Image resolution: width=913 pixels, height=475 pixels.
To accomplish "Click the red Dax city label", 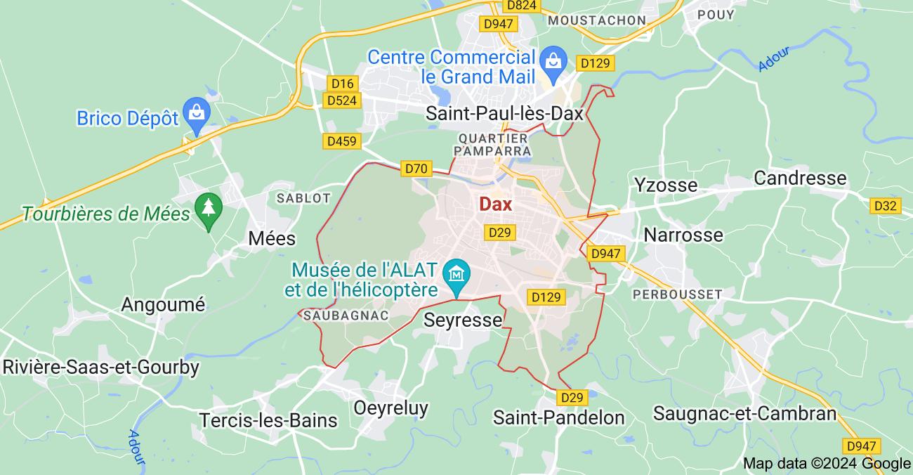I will (x=496, y=204).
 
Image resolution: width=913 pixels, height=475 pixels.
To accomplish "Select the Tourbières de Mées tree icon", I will (x=208, y=208).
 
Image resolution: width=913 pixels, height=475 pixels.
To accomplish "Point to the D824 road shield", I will (x=521, y=6).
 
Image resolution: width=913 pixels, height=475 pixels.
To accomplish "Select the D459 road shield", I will (x=342, y=141).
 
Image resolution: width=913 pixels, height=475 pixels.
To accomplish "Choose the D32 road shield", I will (x=885, y=206).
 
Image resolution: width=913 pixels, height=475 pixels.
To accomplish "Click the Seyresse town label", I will (x=464, y=320).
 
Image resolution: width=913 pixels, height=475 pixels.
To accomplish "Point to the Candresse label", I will (x=800, y=178).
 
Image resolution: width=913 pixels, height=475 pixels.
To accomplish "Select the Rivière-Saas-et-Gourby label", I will (x=101, y=367).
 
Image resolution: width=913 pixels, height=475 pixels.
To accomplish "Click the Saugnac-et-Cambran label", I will (x=744, y=413).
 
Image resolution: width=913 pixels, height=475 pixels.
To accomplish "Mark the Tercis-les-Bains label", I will (x=268, y=420).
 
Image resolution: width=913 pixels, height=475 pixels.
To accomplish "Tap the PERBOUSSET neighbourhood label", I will (x=677, y=294).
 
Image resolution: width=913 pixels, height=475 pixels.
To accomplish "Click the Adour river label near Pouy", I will (x=775, y=58).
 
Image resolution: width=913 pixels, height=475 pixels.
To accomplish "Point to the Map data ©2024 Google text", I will (x=827, y=463).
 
